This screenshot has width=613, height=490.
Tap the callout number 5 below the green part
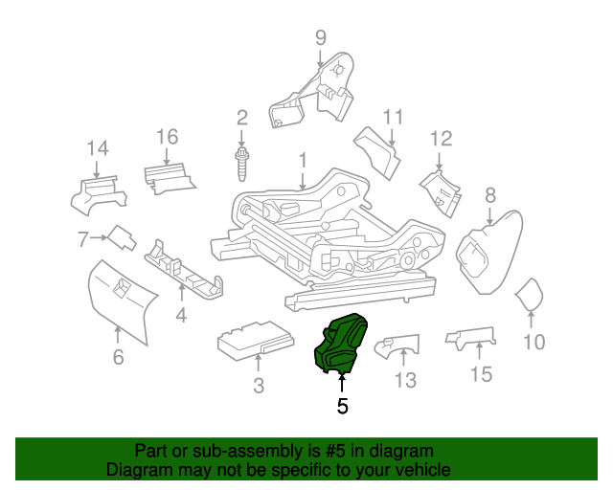click(342, 406)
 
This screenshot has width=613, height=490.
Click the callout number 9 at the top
click(320, 38)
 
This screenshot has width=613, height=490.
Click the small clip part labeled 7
click(121, 236)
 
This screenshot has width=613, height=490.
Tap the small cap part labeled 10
click(530, 296)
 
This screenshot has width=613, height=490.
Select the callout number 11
click(394, 118)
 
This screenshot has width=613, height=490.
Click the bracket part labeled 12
click(440, 188)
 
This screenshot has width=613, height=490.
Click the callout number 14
click(98, 148)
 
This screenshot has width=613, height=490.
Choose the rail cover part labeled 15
click(471, 337)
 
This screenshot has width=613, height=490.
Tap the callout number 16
click(168, 137)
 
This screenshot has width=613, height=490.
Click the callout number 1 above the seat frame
click(302, 160)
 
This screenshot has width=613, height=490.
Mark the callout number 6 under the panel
click(118, 358)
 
